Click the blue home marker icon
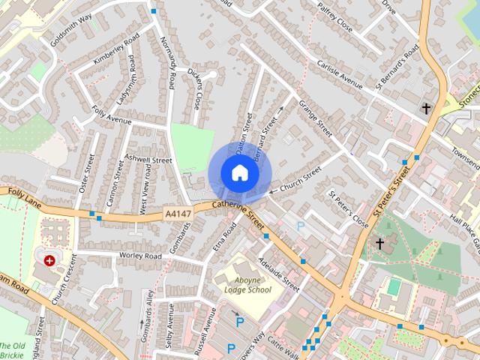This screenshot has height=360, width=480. tap(239, 172)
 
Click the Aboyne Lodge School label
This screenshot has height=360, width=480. tap(247, 284)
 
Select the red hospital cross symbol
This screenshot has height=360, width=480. tap(49, 260)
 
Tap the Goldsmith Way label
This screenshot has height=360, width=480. tap(71, 28)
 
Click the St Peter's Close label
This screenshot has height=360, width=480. tap(348, 207)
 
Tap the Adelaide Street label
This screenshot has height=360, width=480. tap(279, 275)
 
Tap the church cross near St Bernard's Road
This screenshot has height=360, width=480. tap(426, 109)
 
